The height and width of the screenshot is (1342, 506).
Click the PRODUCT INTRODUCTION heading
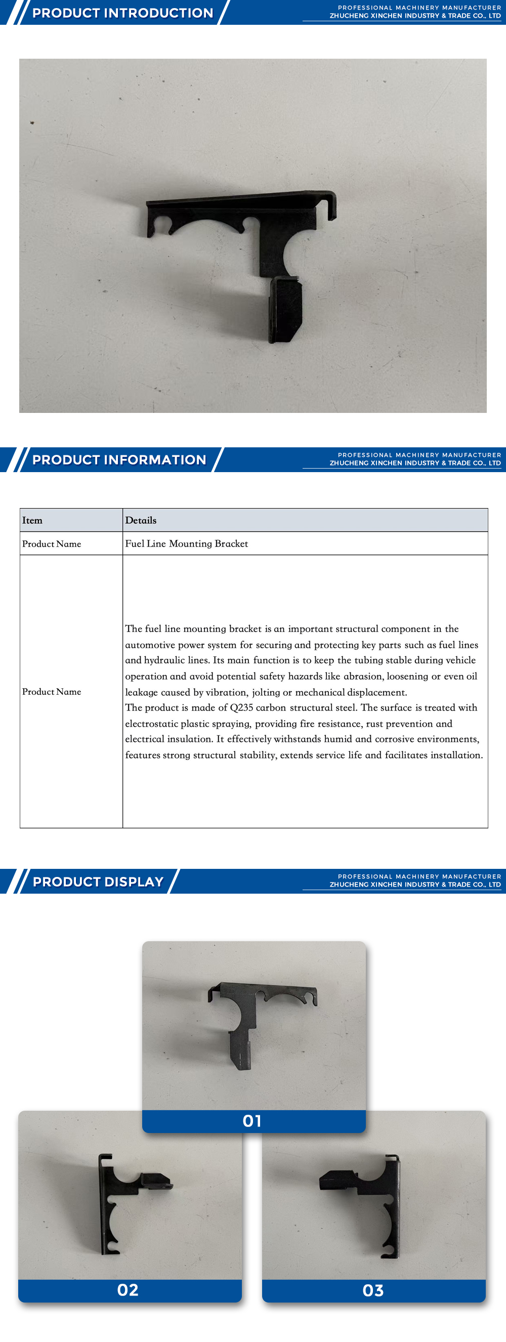(x=122, y=13)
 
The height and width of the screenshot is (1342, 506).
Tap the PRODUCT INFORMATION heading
(x=119, y=459)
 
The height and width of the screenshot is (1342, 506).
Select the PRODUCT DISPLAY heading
(x=98, y=882)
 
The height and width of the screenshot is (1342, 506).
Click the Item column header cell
(x=32, y=520)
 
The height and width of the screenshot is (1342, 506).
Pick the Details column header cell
(x=141, y=520)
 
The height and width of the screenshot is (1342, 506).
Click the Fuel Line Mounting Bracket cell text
(x=186, y=543)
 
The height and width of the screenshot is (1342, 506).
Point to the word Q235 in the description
(x=241, y=707)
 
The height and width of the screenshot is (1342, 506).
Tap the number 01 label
(x=252, y=1121)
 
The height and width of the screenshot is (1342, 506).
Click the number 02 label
(x=128, y=1290)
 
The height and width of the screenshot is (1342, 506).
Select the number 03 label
(x=373, y=1290)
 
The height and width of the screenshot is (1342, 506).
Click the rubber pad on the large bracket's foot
(x=285, y=310)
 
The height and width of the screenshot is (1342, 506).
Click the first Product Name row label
(x=52, y=544)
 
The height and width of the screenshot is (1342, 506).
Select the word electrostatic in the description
(x=151, y=724)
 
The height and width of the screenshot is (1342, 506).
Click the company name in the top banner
(x=415, y=16)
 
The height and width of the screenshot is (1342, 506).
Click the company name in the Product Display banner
(x=415, y=885)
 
